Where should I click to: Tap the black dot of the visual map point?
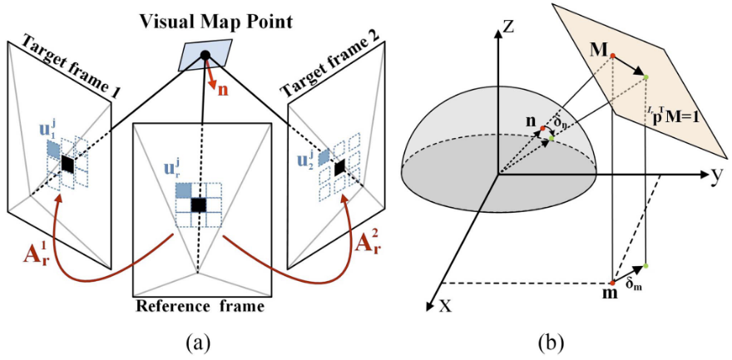[x=205, y=56]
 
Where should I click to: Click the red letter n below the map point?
[x=222, y=88]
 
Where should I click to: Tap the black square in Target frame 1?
[x=67, y=165]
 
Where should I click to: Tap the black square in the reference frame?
[x=198, y=205]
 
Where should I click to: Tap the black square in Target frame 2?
[x=339, y=170]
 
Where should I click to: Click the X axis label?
[x=445, y=304]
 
